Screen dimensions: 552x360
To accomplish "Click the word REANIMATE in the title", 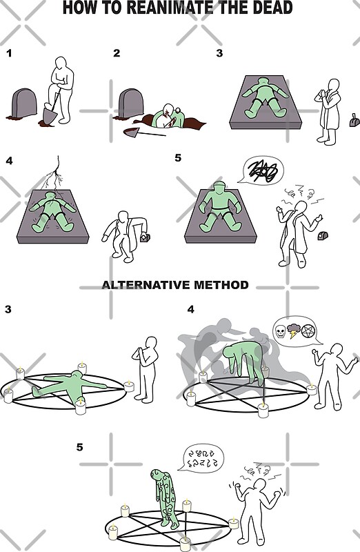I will click(168, 8).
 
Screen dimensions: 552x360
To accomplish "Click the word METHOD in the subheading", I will click(223, 284).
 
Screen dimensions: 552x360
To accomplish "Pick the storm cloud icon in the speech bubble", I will click(293, 330).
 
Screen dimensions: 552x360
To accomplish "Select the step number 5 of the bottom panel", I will click(80, 447).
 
